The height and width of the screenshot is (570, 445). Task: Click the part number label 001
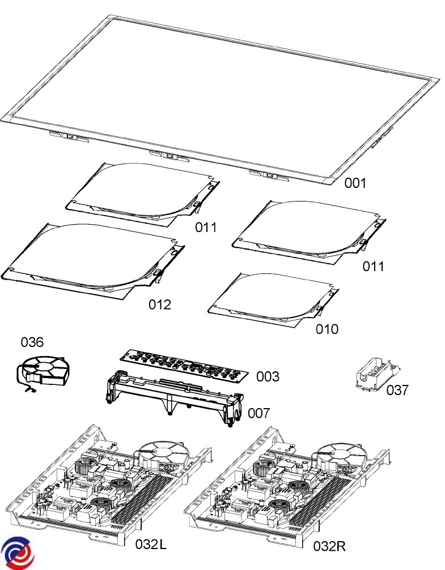coord(356,183)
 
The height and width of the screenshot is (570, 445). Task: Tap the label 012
coord(160,305)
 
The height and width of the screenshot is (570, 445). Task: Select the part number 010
coord(327,329)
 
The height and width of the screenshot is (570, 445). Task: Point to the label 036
coord(32,342)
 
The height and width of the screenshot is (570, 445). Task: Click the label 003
coord(268,376)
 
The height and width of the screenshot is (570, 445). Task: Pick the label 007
coord(258,413)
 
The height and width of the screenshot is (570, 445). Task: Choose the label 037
coord(397,390)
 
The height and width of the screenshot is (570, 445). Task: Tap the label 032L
coord(151,545)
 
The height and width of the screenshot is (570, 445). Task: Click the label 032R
coord(329,546)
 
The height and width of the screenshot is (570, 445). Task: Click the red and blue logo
coord(17,552)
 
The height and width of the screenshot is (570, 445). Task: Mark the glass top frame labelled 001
coord(221,91)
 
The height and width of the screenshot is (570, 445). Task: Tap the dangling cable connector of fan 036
coord(29,390)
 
